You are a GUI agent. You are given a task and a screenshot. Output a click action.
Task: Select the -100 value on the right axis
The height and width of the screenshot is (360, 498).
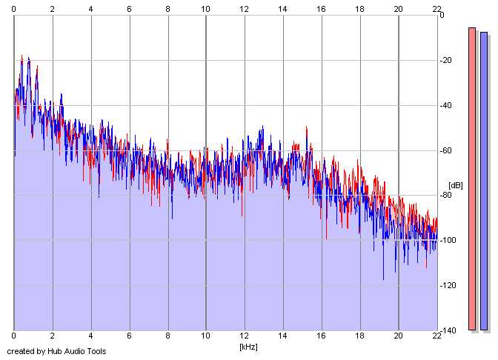[449, 240]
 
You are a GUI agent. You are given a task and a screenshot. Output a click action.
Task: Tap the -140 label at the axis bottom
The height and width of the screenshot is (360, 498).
[449, 330]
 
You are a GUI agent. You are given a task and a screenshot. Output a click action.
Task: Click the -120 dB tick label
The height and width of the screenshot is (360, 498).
[449, 285]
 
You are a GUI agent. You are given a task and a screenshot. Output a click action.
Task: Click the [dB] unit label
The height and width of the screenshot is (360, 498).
[456, 185]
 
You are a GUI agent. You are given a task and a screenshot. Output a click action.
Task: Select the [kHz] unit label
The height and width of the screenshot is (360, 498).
[248, 347]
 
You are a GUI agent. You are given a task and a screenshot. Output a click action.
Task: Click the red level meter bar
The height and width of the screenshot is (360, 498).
[472, 179]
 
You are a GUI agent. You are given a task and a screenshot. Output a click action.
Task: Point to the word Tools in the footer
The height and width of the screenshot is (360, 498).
[95, 351]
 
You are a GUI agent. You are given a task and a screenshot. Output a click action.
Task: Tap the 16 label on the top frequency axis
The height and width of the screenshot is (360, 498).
[321, 8]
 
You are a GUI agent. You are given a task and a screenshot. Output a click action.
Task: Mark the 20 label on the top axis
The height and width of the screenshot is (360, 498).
[398, 8]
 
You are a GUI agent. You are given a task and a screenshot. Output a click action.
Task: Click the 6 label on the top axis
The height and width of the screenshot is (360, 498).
[129, 8]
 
